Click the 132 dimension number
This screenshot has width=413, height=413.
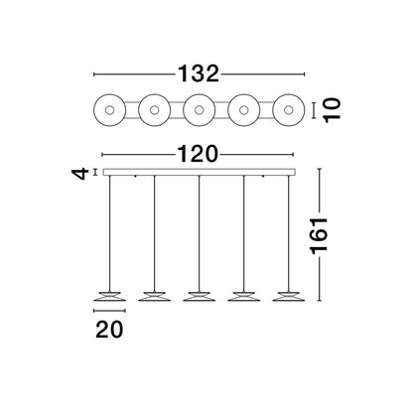click(199, 73)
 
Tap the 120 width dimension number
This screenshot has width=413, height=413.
click(199, 154)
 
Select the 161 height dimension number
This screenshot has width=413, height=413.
click(319, 235)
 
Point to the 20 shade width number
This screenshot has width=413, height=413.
click(109, 330)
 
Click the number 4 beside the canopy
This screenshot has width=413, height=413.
click(80, 173)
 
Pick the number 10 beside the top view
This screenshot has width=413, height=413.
click(332, 110)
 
